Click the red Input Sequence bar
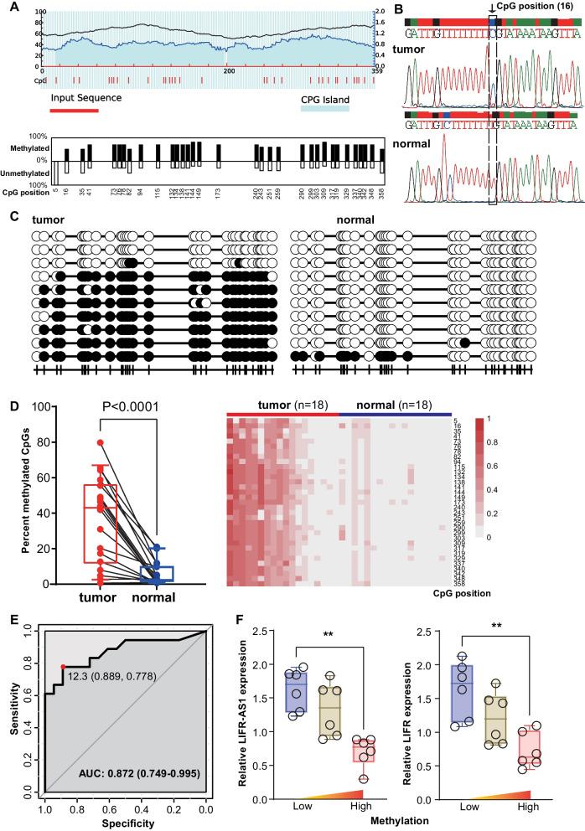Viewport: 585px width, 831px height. pyautogui.click(x=74, y=110)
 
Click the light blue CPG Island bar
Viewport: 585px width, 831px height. pyautogui.click(x=325, y=110)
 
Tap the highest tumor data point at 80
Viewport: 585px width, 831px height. pyautogui.click(x=100, y=442)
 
